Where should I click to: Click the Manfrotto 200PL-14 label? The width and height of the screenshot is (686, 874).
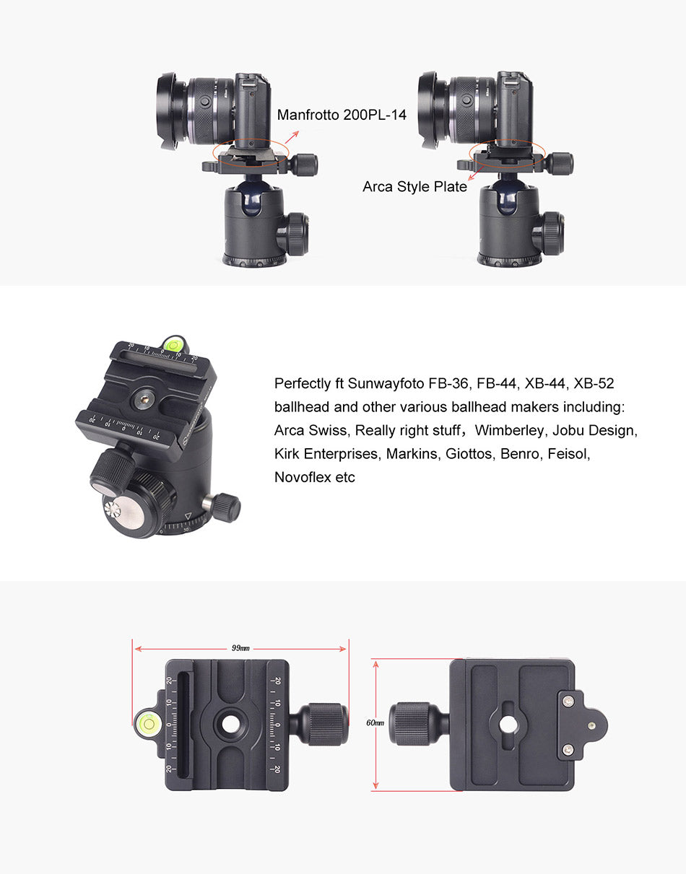click(x=342, y=115)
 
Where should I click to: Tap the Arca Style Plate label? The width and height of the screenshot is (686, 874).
click(x=414, y=187)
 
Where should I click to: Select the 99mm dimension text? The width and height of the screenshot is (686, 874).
click(x=240, y=648)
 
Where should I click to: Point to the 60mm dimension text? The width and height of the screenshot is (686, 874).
click(x=375, y=722)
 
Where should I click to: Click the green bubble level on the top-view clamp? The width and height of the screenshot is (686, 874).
click(x=149, y=724)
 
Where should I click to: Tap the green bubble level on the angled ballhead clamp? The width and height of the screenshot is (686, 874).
click(x=174, y=345)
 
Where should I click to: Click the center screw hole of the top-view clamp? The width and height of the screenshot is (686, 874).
click(x=230, y=725)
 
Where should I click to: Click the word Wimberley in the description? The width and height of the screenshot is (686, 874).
click(x=509, y=430)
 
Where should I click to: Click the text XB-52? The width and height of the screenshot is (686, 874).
click(x=594, y=384)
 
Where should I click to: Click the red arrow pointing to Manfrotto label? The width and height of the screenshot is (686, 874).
click(x=292, y=137)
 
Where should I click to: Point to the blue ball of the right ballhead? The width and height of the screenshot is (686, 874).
click(x=509, y=196)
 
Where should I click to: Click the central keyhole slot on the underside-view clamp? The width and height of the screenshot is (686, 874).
click(x=509, y=725)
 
